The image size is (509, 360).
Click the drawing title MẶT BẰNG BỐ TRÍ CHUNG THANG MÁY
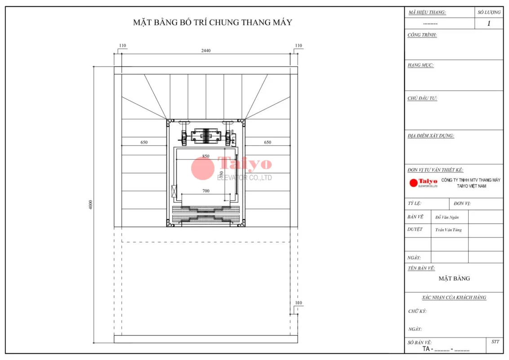(212, 22)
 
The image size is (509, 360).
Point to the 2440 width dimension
(206, 50)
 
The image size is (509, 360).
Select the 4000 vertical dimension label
(90, 205)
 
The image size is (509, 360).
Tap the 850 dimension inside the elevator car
(205, 156)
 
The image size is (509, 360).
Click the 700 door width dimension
(205, 191)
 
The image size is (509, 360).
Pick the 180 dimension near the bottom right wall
(298, 303)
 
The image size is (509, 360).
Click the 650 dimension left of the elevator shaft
(144, 142)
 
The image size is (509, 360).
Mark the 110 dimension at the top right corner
(299, 45)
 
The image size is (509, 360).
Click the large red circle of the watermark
(202, 168)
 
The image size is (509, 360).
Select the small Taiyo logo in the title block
(423, 183)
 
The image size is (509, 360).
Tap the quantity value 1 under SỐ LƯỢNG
(489, 24)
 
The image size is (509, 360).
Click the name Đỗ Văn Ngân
(447, 217)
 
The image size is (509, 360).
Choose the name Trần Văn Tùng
(448, 230)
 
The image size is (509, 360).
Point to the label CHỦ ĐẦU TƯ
(422, 98)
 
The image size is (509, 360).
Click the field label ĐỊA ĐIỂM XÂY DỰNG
(430, 136)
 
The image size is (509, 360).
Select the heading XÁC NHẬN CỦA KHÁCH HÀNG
(454, 297)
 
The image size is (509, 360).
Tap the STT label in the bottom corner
(495, 342)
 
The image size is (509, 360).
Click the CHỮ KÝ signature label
(417, 311)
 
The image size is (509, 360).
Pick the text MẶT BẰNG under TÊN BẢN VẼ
(454, 279)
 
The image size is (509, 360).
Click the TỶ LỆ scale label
(414, 203)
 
